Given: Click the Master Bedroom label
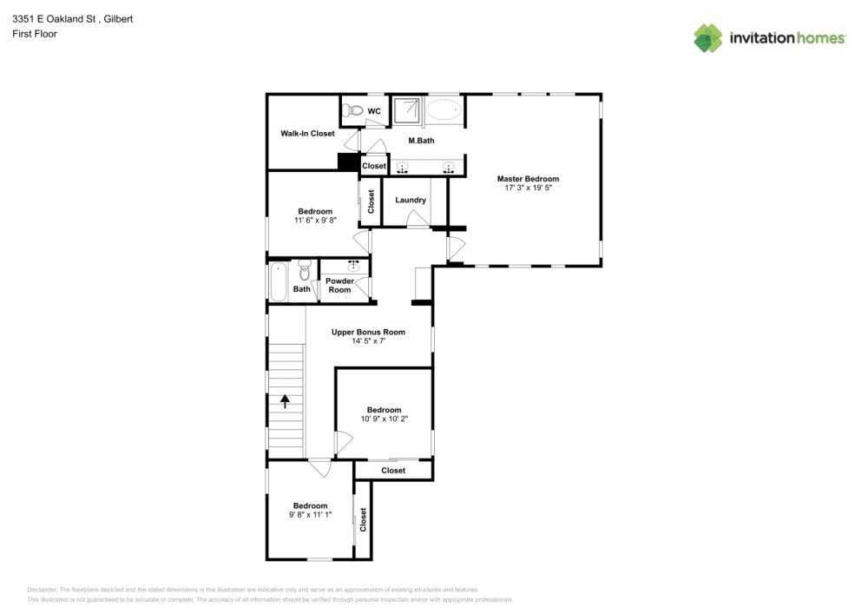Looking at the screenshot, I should coord(528,179).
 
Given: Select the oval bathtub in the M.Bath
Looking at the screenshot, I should coord(445,110).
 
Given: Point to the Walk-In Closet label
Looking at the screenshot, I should coord(307,134).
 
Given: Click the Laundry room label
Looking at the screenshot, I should coord(411,201).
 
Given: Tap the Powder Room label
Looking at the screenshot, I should coord(339,285).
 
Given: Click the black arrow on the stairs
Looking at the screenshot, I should coord(284,400).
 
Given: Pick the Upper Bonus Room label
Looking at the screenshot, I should coord(368,332).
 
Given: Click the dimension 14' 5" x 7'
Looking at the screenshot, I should coord(368,341).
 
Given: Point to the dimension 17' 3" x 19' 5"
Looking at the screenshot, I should coord(528,188).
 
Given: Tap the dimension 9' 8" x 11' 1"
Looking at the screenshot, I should coord(310,515).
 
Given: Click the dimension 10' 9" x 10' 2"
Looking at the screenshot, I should coord(384,419).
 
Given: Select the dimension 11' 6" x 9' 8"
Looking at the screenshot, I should coord(315,221).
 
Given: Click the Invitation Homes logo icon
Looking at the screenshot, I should coord(707,38).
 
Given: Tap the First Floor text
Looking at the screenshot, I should coord(35,34).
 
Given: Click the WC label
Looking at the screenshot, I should coord(374,111).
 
